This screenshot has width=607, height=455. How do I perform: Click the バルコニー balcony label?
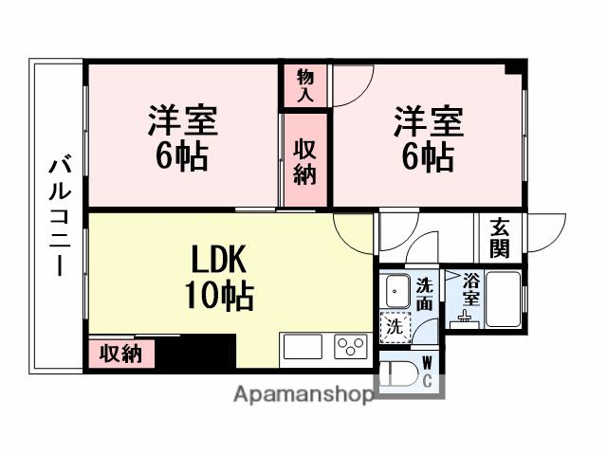point(57,216)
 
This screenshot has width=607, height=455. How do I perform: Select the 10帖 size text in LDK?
point(219,296)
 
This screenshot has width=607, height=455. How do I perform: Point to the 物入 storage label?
point(304,85)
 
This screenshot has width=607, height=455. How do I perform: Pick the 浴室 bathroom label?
point(470,288)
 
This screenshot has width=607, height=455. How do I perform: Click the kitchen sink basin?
point(302,347)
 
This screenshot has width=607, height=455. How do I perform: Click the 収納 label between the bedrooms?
point(304,161)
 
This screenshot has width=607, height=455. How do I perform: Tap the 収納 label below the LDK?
point(121,354)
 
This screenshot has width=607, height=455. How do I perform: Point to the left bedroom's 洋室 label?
point(182,122)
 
